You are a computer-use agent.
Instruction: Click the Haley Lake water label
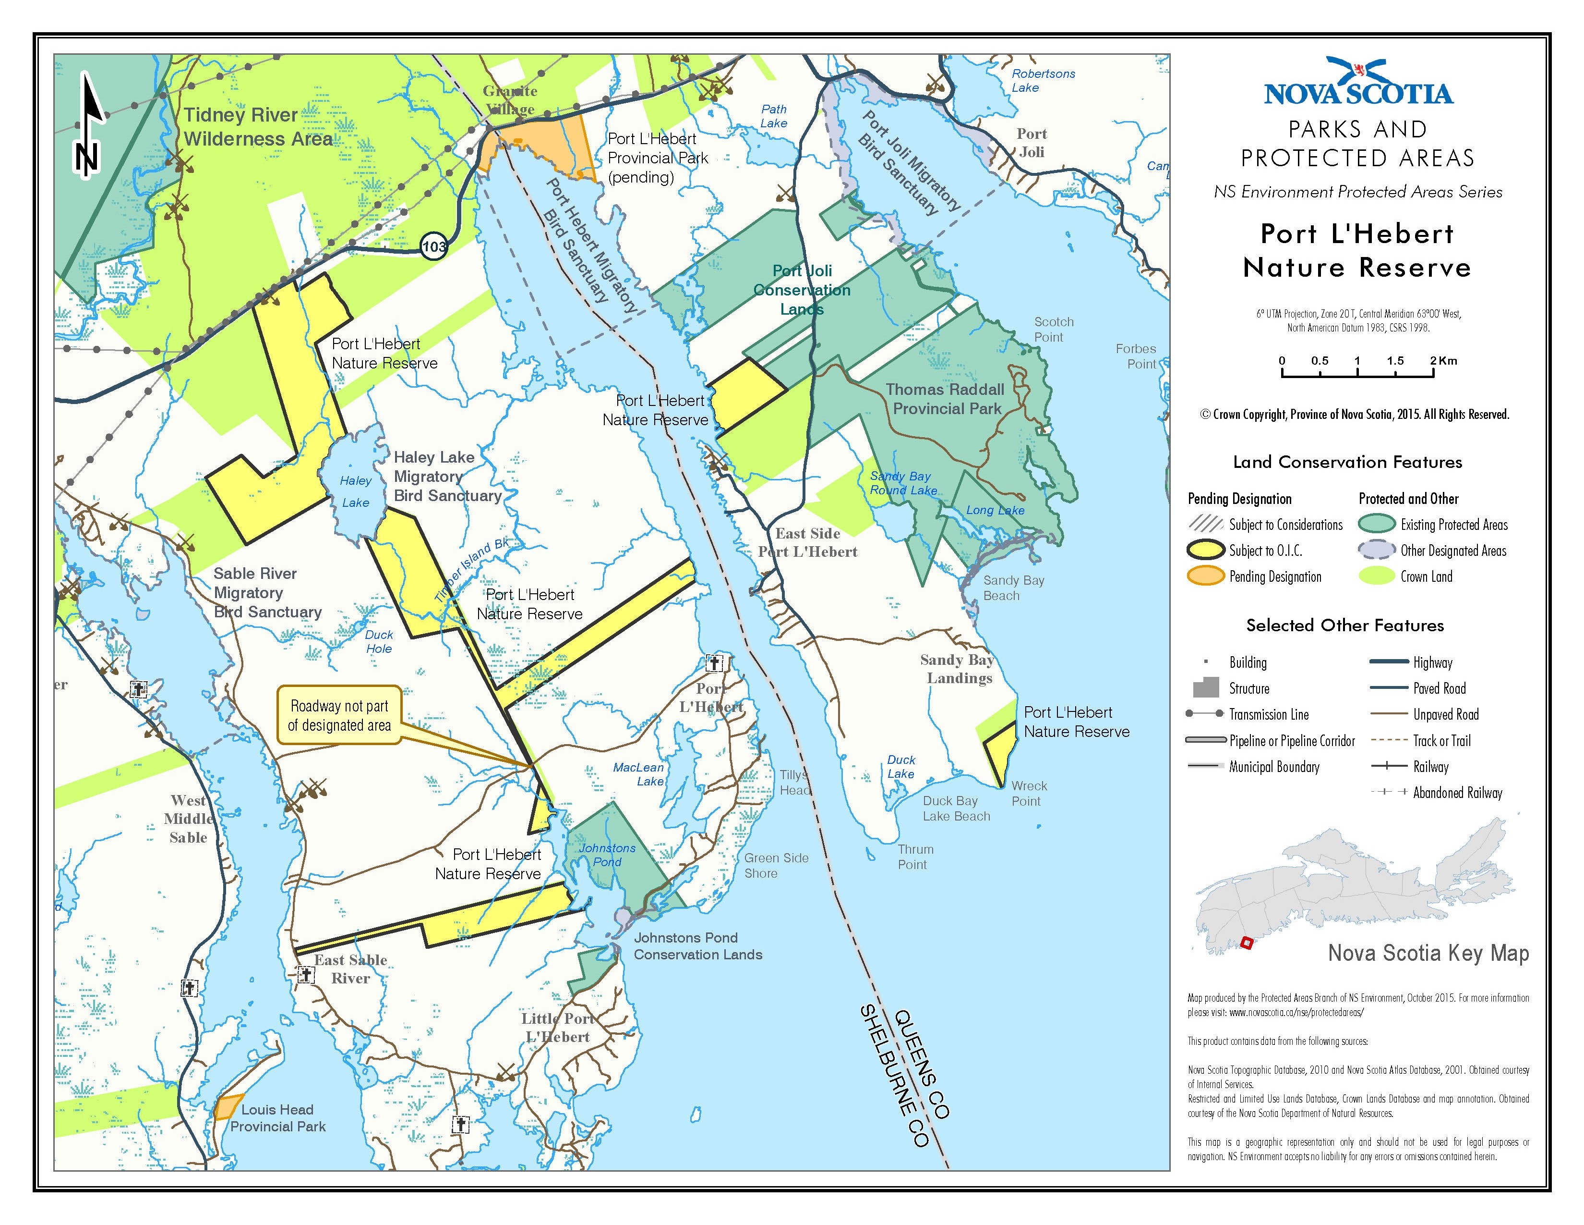point(355,491)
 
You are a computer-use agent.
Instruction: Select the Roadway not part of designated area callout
point(339,716)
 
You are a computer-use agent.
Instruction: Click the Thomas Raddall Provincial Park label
point(946,399)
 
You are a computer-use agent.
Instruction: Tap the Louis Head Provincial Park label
point(278,1117)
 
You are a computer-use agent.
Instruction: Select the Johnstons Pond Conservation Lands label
point(698,946)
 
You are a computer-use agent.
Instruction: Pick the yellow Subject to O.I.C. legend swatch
point(1205,550)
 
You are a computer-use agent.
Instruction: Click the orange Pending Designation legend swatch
point(1205,576)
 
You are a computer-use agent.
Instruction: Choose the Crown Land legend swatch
point(1376,576)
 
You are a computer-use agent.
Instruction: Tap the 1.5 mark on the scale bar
point(1395,361)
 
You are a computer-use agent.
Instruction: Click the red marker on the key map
point(1247,943)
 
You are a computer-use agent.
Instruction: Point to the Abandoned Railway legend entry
point(1457,793)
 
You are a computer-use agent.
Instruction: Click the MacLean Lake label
point(638,774)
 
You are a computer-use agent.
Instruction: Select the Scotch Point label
point(1053,330)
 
